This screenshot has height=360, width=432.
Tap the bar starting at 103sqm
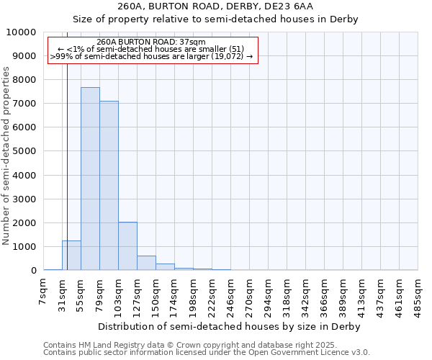point(127,246)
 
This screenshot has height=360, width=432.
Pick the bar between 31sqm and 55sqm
point(71,256)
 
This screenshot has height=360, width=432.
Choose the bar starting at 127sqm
point(146,263)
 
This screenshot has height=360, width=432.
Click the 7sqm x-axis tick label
point(44,293)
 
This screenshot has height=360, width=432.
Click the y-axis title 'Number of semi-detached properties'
point(7,156)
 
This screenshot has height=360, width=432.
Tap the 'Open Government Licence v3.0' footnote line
point(207,353)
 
